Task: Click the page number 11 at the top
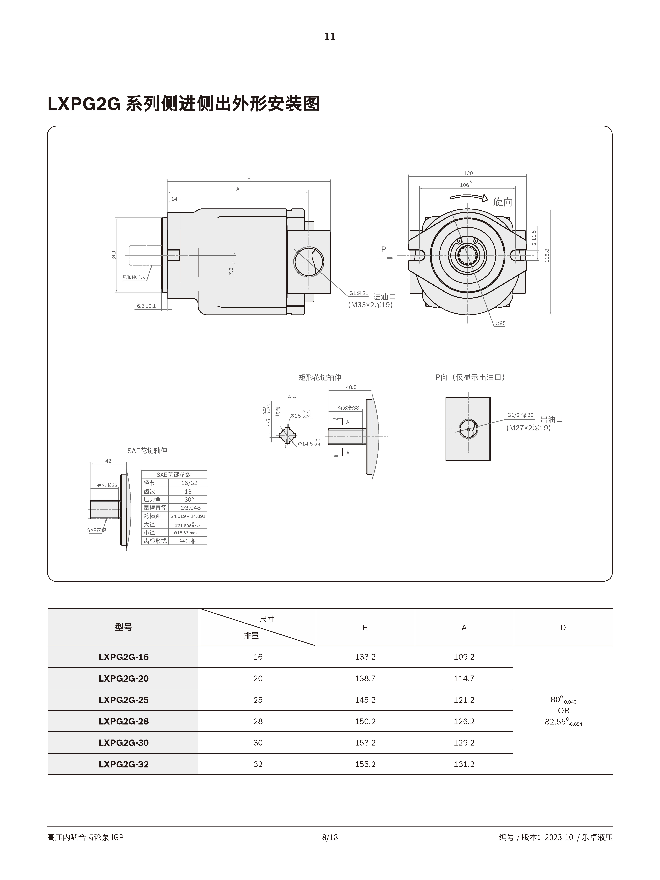[330, 37]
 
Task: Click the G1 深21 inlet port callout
[358, 293]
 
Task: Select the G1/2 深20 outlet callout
[520, 415]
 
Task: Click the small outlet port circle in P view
[468, 429]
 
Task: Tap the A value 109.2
[464, 657]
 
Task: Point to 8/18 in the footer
[330, 837]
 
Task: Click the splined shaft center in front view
[468, 255]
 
